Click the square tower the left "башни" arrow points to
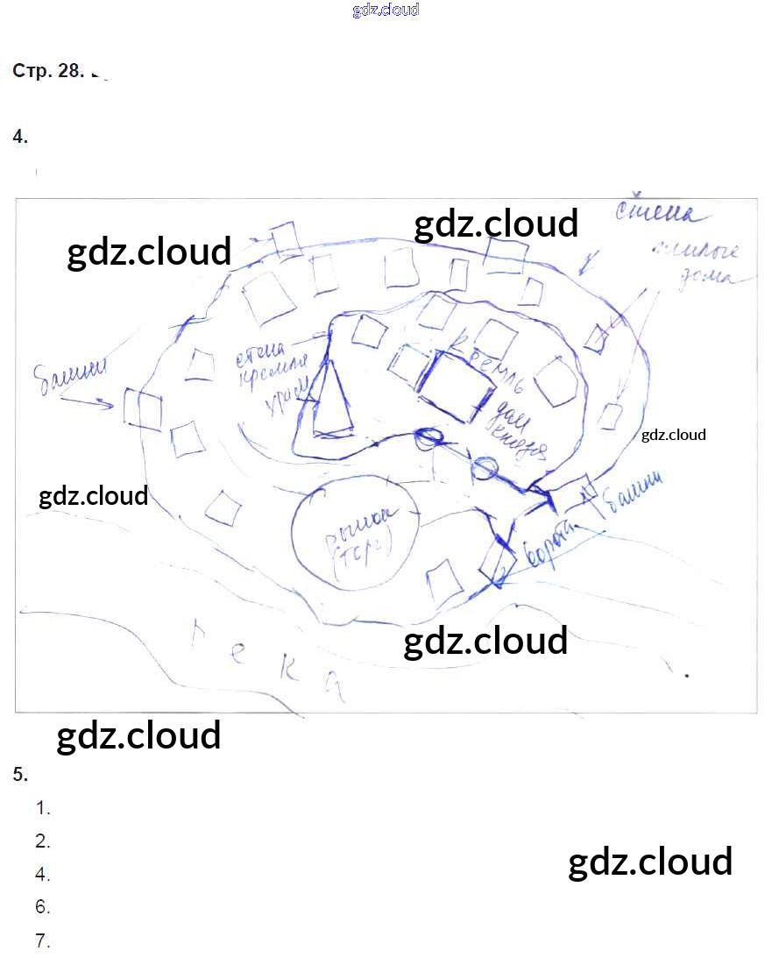[x=143, y=408]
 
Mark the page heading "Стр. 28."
[x=47, y=72]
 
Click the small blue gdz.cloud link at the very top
[x=386, y=11]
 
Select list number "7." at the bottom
[x=43, y=941]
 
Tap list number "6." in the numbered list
[x=43, y=907]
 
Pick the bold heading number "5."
[x=21, y=774]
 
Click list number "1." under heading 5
[x=43, y=808]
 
